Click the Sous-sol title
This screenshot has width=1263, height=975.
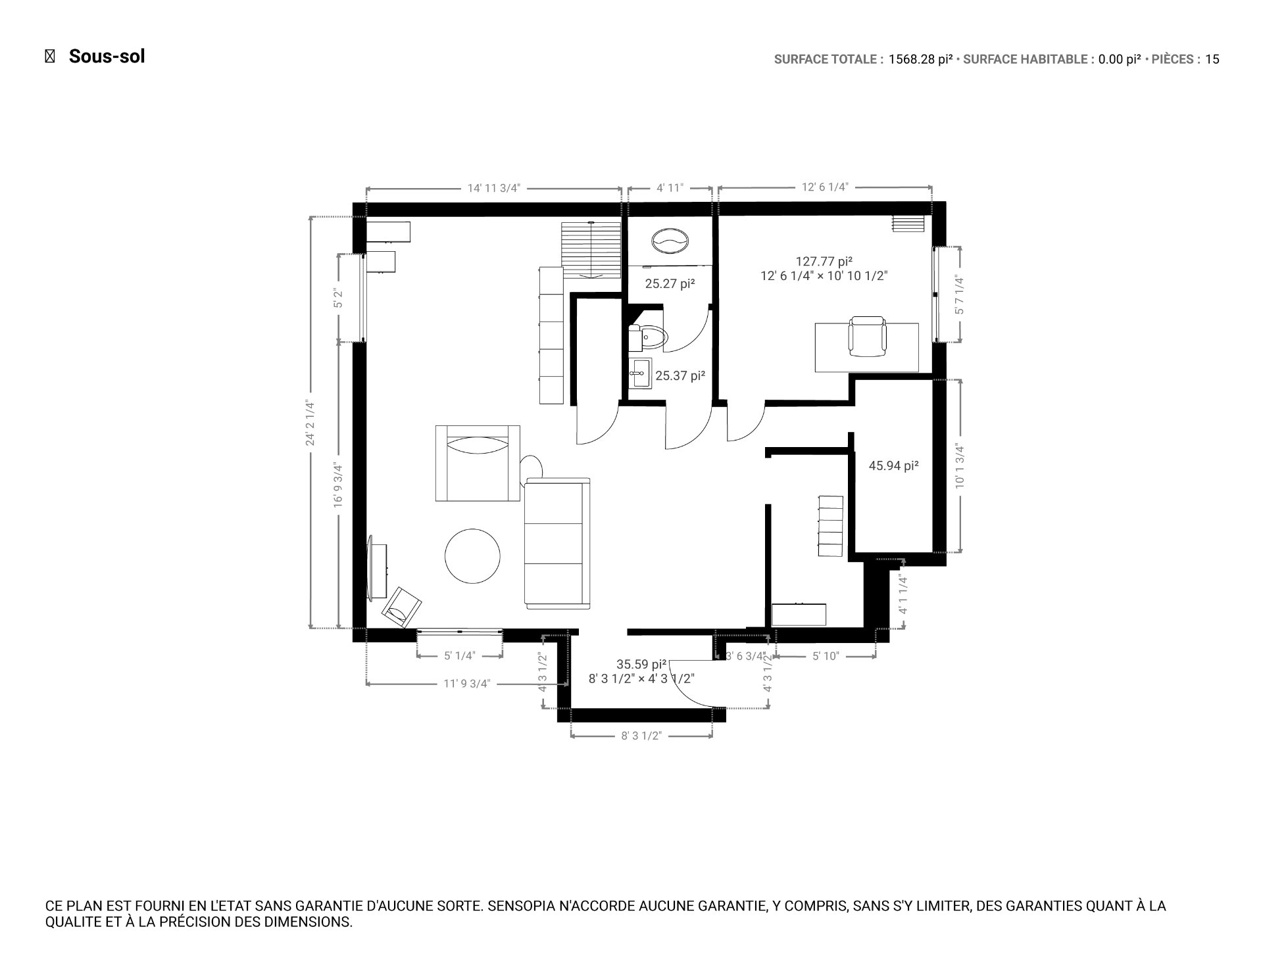pyautogui.click(x=107, y=57)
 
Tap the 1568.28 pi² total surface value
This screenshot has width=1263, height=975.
pyautogui.click(x=920, y=60)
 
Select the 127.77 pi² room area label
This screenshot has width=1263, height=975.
pyautogui.click(x=824, y=261)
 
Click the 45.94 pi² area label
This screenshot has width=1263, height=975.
pyautogui.click(x=893, y=466)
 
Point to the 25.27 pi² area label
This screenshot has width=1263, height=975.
pyautogui.click(x=670, y=284)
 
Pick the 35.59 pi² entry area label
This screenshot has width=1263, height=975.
pyautogui.click(x=641, y=664)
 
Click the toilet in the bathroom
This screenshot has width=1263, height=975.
pyautogui.click(x=649, y=337)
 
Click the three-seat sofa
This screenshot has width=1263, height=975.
pyautogui.click(x=557, y=543)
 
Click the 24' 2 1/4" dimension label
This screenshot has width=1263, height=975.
pyautogui.click(x=310, y=423)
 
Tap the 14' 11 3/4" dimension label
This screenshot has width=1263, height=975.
pyautogui.click(x=493, y=188)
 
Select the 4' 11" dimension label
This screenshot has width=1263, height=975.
pyautogui.click(x=670, y=188)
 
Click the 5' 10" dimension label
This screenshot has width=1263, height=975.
pyautogui.click(x=826, y=656)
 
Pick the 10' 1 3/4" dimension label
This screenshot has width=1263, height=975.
pyautogui.click(x=960, y=466)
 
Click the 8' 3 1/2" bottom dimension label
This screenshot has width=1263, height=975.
pyautogui.click(x=641, y=736)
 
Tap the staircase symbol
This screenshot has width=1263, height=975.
pyautogui.click(x=591, y=250)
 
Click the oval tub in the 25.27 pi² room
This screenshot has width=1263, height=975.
pyautogui.click(x=670, y=241)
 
